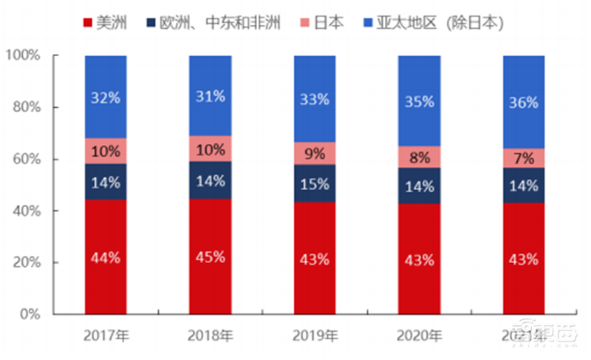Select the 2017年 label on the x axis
click(x=106, y=336)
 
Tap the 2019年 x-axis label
click(x=315, y=336)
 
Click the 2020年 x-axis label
click(x=419, y=336)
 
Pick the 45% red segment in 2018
click(x=210, y=257)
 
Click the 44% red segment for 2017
click(x=106, y=257)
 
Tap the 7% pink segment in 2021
click(x=524, y=158)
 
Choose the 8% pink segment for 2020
click(x=419, y=157)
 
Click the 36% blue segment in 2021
click(x=524, y=102)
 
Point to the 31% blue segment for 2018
click(x=210, y=96)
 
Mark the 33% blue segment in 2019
click(x=315, y=98)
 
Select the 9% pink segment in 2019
click(x=315, y=153)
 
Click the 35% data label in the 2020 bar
click(x=419, y=101)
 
